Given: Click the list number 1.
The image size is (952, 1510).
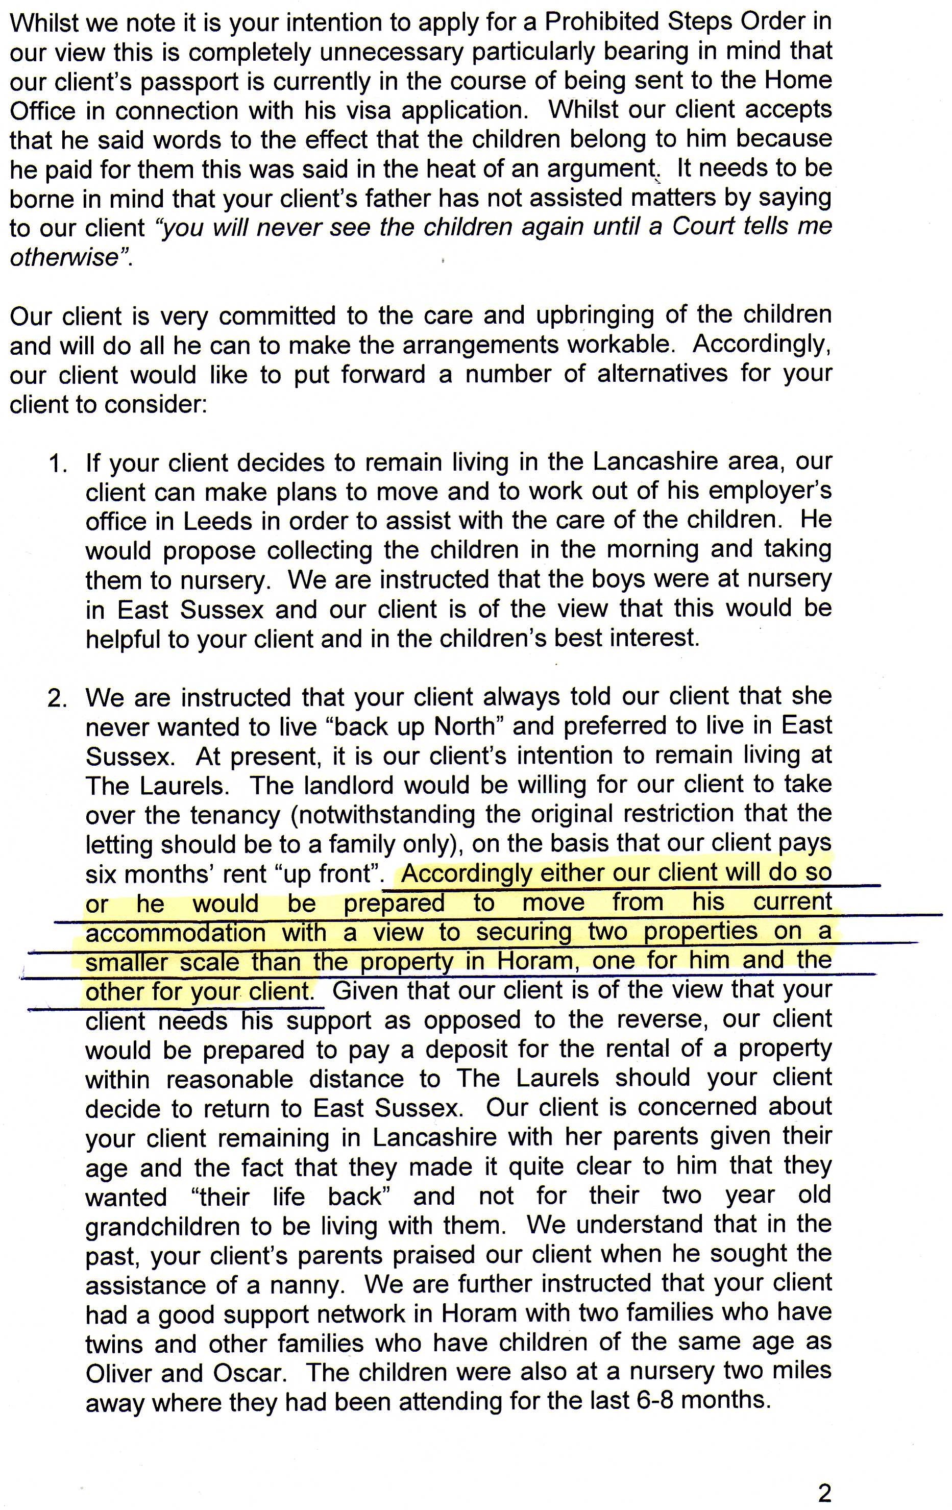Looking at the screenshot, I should pyautogui.click(x=58, y=464).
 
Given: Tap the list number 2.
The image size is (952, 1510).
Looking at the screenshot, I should pyautogui.click(x=58, y=698).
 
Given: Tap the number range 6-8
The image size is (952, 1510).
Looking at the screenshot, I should pyautogui.click(x=653, y=1400).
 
